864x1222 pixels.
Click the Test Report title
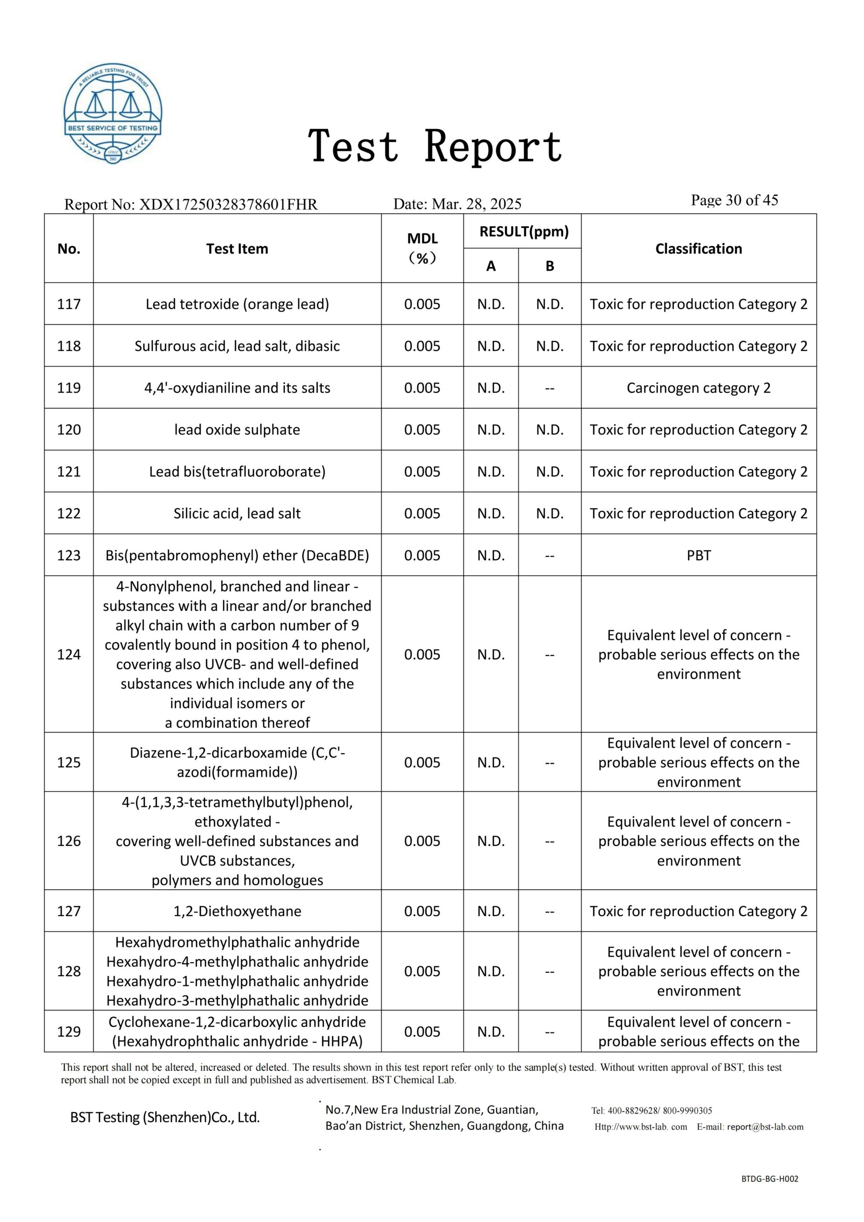click(435, 147)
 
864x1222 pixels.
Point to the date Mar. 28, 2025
click(476, 204)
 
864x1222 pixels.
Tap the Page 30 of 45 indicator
click(734, 200)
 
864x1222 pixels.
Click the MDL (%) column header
click(422, 248)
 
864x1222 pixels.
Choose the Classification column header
click(698, 249)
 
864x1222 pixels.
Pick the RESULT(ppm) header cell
click(524, 232)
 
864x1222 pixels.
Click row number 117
click(69, 304)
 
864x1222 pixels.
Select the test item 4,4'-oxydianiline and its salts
click(237, 388)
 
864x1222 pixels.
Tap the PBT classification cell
click(698, 555)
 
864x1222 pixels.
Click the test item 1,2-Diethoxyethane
click(237, 911)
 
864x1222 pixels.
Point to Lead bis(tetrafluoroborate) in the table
click(237, 472)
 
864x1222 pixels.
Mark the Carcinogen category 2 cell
click(698, 388)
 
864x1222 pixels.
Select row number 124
click(69, 654)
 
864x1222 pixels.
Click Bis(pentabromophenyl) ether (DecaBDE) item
click(237, 555)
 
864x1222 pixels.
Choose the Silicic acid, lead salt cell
click(237, 513)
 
